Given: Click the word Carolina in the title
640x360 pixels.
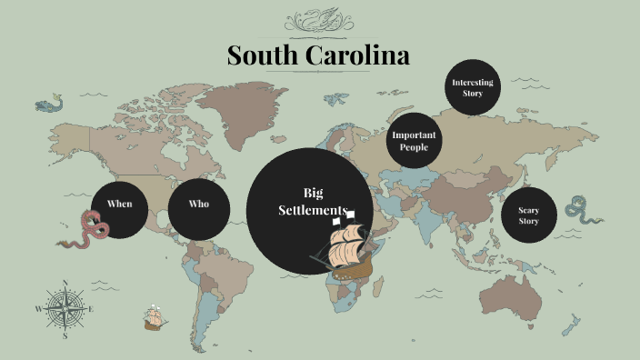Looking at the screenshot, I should (x=358, y=55).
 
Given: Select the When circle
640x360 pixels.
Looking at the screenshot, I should (x=119, y=209).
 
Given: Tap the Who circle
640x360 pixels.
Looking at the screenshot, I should (x=198, y=209).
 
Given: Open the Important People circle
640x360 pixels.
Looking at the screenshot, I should (x=414, y=141).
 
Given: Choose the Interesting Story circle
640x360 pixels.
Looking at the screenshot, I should (x=473, y=87).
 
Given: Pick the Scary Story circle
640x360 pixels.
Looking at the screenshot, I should (x=528, y=216).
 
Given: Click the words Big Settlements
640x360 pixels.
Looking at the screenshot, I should (x=313, y=201).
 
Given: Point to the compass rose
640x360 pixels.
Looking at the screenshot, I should (x=65, y=308).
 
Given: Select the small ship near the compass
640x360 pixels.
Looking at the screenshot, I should (x=154, y=318).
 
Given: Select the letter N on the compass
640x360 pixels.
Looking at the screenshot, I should (x=65, y=282).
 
